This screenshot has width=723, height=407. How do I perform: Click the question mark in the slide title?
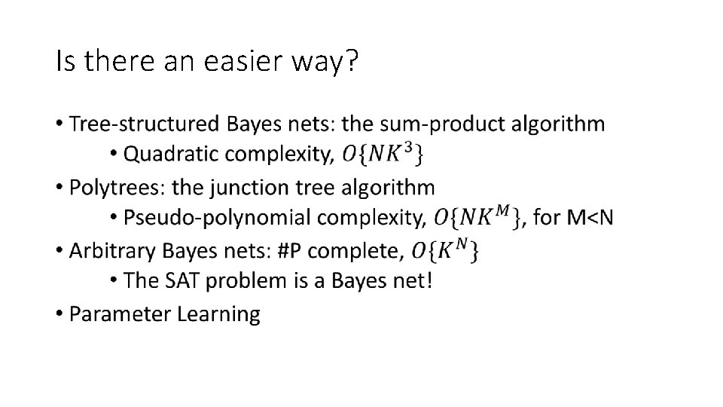[349, 62]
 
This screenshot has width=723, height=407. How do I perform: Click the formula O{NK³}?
[382, 155]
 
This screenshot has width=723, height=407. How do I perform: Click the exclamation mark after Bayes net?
[429, 281]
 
